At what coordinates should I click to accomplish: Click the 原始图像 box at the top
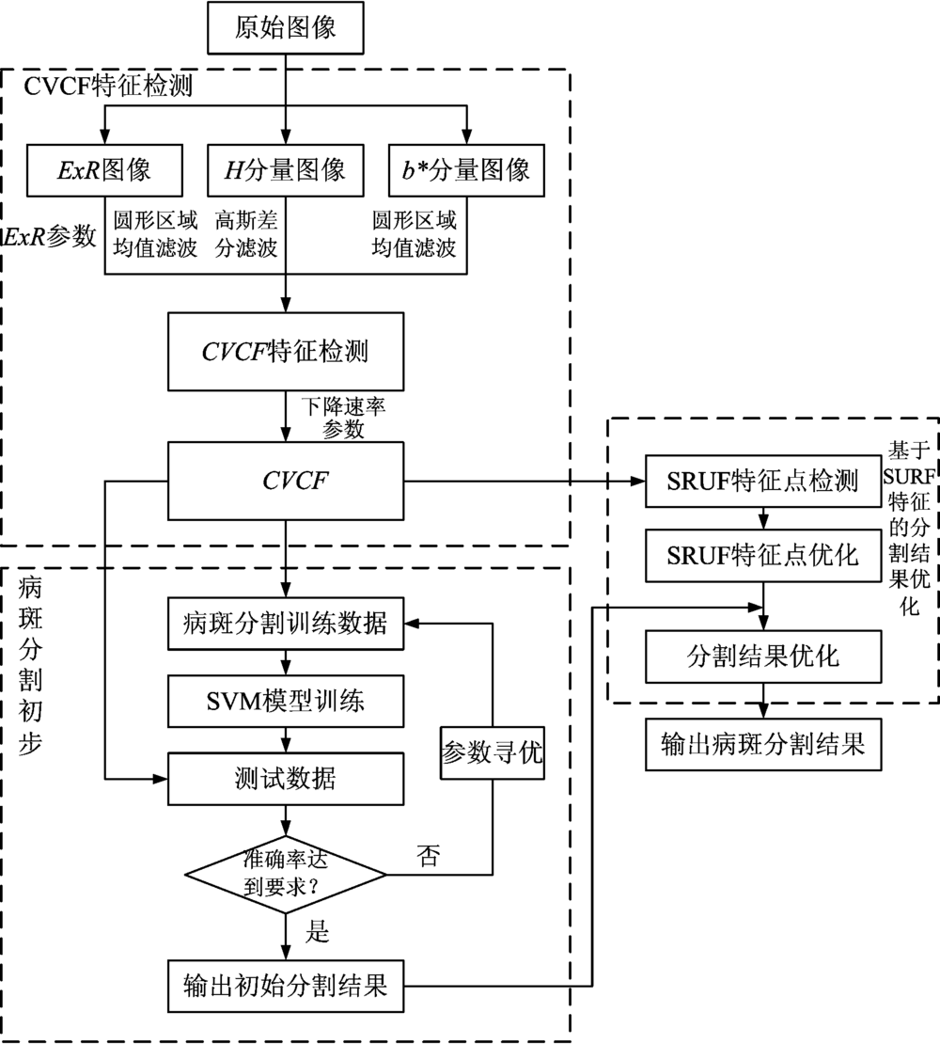285,29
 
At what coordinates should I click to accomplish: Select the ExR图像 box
103,169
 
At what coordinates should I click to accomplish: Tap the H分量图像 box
285,169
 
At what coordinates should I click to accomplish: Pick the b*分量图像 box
466,169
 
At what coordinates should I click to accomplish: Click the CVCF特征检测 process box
285,352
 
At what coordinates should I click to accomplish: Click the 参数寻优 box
492,752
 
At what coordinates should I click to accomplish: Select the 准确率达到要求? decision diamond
285,875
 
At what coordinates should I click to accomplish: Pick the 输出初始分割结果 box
285,987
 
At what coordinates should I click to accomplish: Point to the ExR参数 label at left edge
50,237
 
